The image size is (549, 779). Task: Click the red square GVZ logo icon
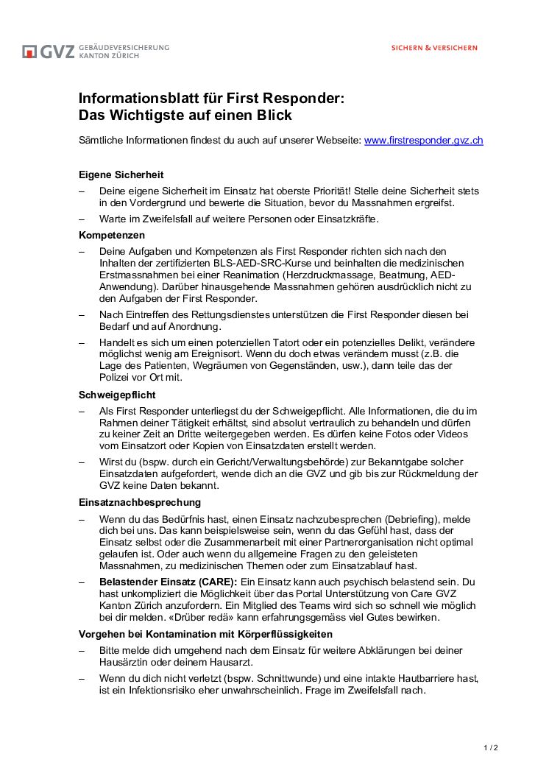[x=29, y=52]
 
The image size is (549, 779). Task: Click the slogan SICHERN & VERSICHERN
[x=433, y=48]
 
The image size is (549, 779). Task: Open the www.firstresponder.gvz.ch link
[x=423, y=140]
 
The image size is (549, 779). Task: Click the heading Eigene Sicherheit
[x=121, y=175]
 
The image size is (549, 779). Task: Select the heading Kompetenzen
[x=112, y=236]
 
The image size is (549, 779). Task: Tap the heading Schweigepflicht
[x=117, y=395]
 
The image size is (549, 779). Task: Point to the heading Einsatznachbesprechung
[x=140, y=502]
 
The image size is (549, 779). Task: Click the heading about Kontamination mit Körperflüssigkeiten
[x=205, y=634]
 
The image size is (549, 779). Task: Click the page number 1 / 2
[x=491, y=748]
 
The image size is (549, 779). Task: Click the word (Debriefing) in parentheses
[x=410, y=518]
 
